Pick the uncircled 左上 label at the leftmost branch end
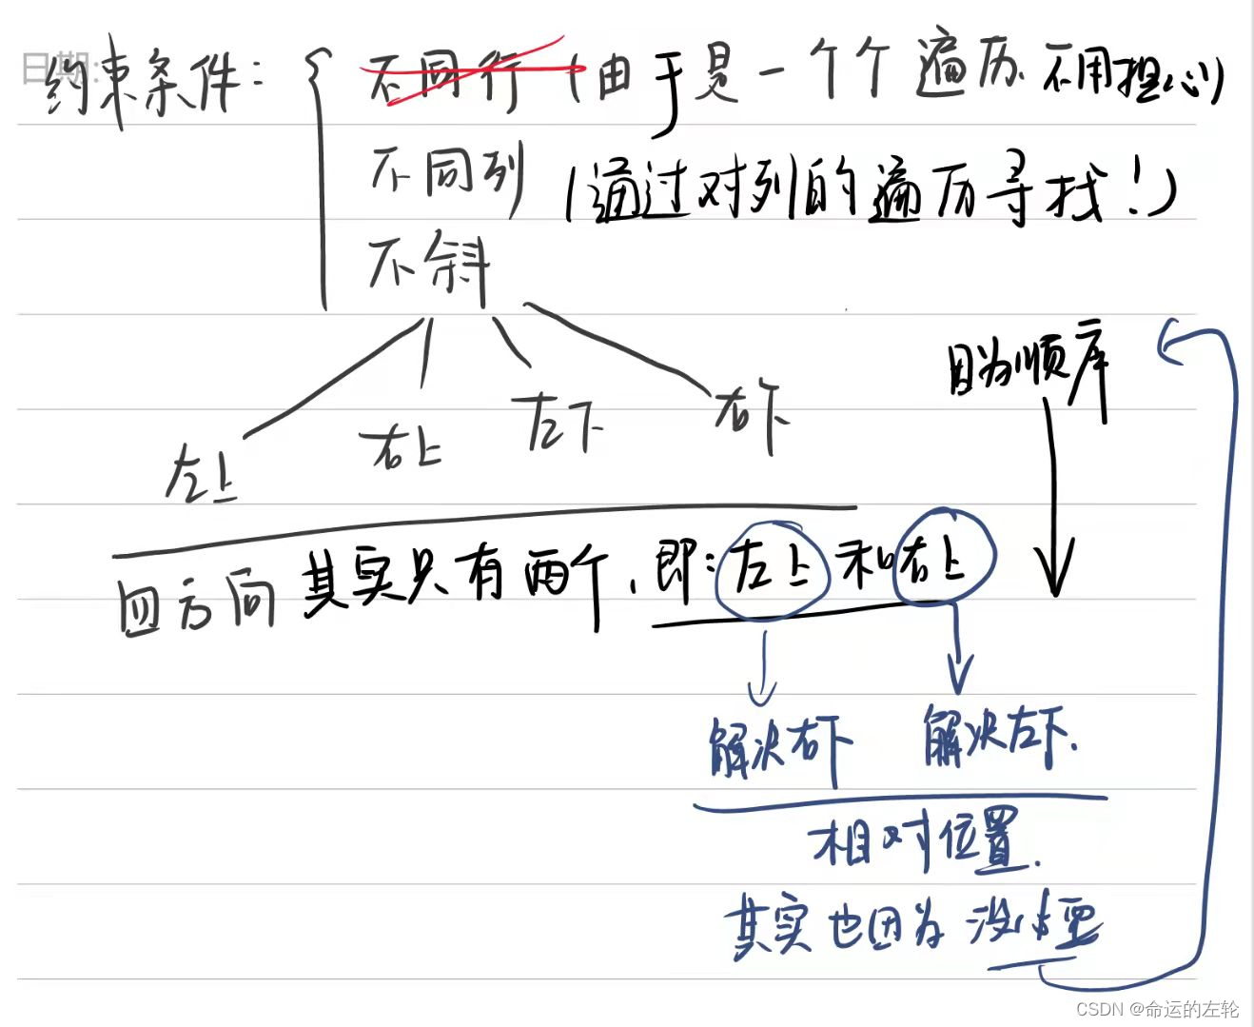point(200,473)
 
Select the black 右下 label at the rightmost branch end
point(752,414)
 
